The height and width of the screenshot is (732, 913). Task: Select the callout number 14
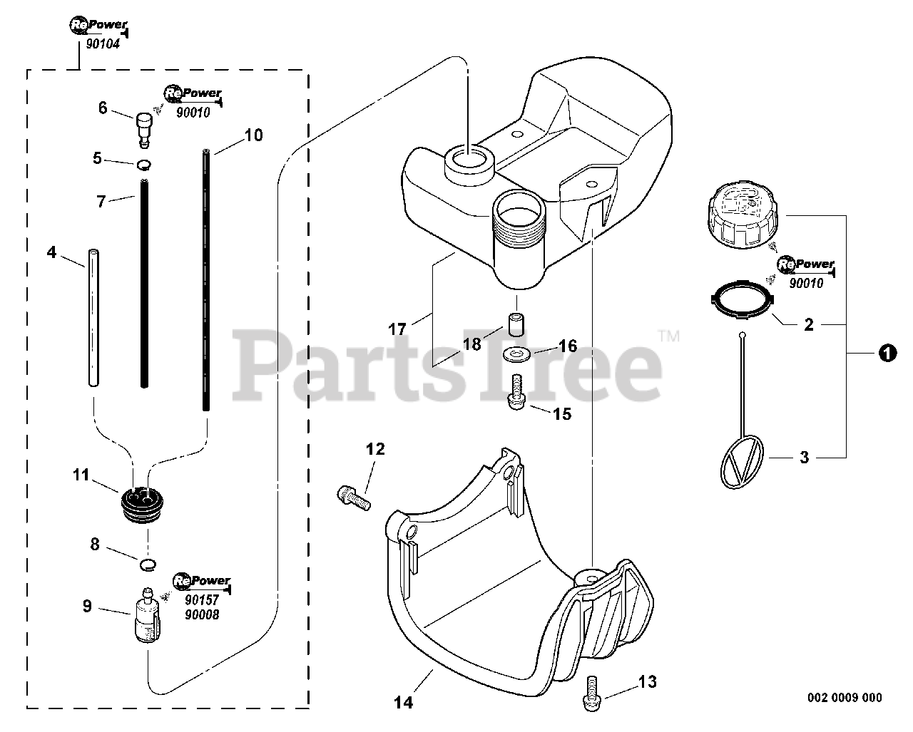click(403, 702)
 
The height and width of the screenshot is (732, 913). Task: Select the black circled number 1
click(887, 353)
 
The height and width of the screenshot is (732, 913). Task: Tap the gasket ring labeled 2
click(743, 297)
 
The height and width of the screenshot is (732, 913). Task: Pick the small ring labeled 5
click(144, 165)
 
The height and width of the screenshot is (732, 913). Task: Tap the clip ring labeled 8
click(147, 565)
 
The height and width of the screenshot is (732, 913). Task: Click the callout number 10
click(253, 135)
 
